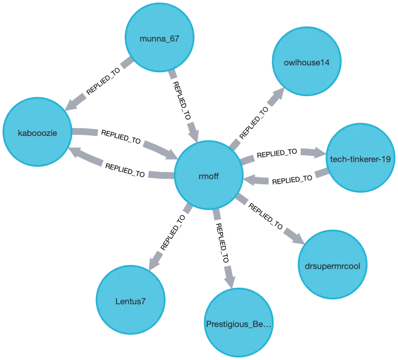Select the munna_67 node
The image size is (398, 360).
(159, 38)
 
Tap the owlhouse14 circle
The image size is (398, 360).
(306, 61)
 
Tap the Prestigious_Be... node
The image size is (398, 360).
(239, 325)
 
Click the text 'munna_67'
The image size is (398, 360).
(159, 39)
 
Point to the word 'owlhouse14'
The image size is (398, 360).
(306, 62)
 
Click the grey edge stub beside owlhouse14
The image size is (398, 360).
(276, 98)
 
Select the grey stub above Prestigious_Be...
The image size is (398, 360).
(229, 276)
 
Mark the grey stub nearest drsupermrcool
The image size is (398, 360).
(293, 236)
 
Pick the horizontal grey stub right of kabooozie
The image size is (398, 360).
(86, 133)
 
